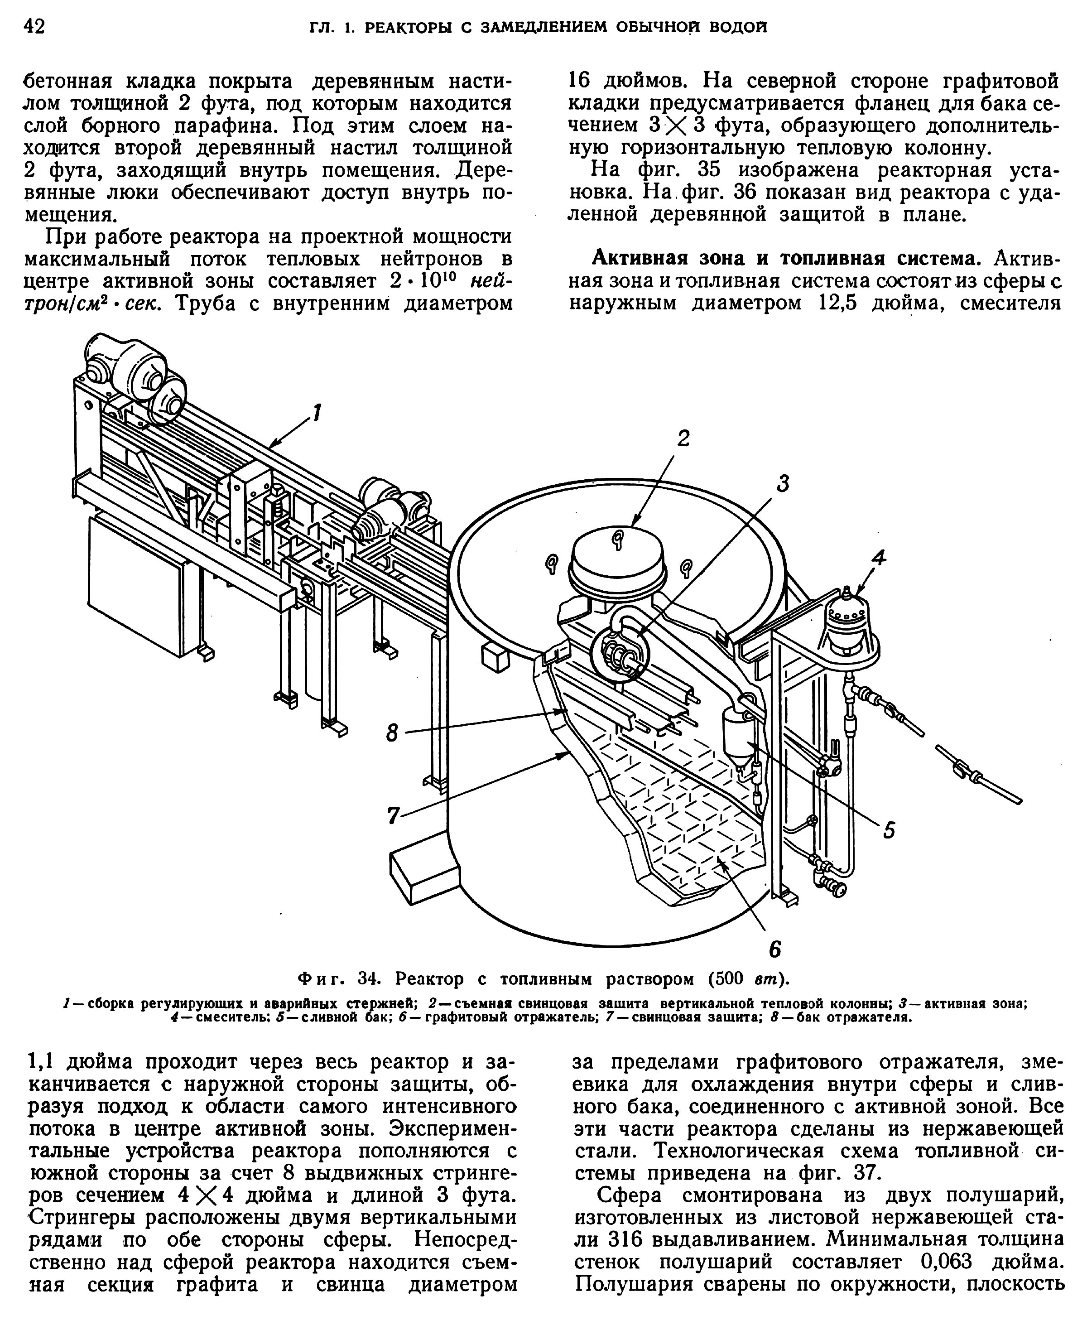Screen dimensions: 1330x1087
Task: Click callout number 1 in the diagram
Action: [x=317, y=413]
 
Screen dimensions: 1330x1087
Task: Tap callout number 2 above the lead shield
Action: [x=683, y=439]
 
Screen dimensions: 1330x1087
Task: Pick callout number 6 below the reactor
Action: [x=774, y=950]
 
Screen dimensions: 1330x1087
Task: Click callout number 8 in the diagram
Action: [x=392, y=732]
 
